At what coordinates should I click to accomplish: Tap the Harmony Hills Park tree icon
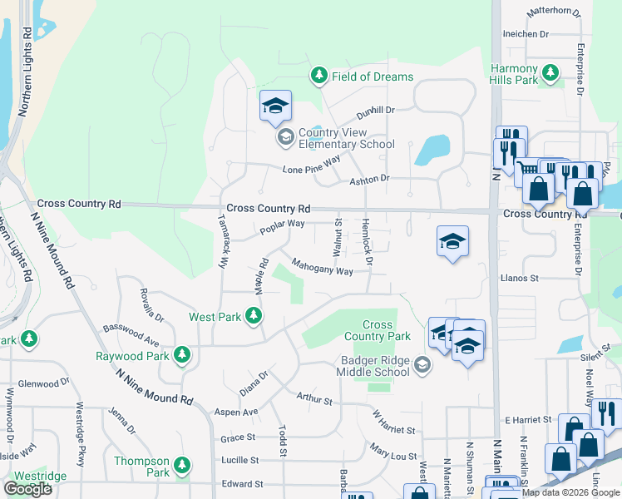tap(550, 73)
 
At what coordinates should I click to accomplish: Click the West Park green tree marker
tap(254, 316)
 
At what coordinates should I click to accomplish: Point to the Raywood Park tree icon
tap(182, 356)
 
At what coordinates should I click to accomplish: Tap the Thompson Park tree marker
tap(182, 466)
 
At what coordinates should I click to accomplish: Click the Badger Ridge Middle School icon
tap(422, 365)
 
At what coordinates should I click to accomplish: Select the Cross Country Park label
tap(377, 331)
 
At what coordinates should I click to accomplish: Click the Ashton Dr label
tap(369, 179)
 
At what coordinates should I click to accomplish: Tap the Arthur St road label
tap(314, 399)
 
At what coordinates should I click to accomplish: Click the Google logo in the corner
tap(27, 489)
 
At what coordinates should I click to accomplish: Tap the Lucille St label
tap(241, 460)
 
